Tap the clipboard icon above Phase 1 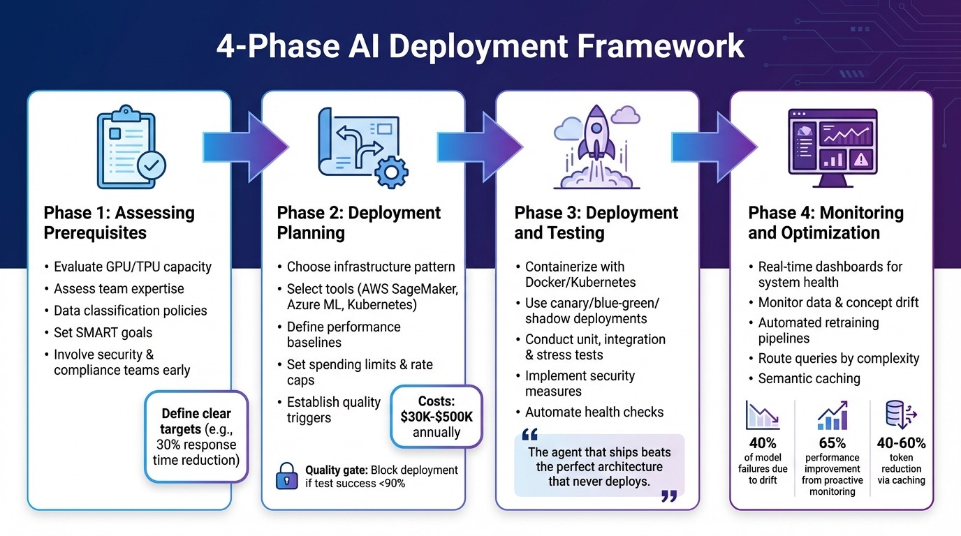pyautogui.click(x=126, y=147)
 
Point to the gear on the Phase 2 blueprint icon pyautogui.click(x=390, y=170)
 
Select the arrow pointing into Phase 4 pyautogui.click(x=714, y=146)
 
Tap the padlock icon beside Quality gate pyautogui.click(x=286, y=476)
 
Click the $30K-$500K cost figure pyautogui.click(x=436, y=417)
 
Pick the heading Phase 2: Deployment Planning pyautogui.click(x=358, y=222)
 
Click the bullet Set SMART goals pyautogui.click(x=103, y=332)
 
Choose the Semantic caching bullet pyautogui.click(x=809, y=378)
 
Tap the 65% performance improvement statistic pyautogui.click(x=832, y=443)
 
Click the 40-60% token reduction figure pyautogui.click(x=901, y=443)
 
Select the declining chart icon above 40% pyautogui.click(x=762, y=415)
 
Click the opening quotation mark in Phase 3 pyautogui.click(x=529, y=435)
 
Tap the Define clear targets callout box pyautogui.click(x=196, y=436)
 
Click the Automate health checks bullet pyautogui.click(x=594, y=412)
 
